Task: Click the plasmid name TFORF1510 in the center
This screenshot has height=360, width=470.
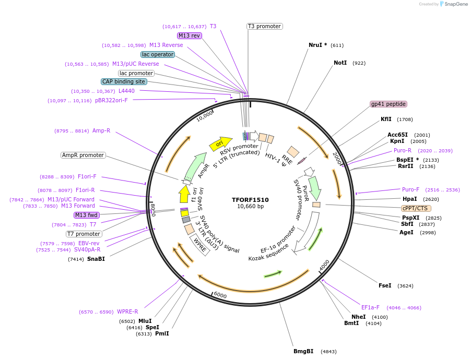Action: [x=251, y=200]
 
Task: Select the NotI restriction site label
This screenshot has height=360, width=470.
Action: [x=340, y=63]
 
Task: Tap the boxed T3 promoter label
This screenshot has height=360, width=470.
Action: [x=264, y=26]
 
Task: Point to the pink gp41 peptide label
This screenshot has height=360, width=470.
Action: [x=388, y=104]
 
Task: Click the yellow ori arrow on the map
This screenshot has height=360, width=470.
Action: [x=220, y=143]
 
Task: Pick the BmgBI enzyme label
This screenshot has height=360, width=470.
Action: [x=303, y=351]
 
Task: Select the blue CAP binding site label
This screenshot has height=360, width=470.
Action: [x=124, y=81]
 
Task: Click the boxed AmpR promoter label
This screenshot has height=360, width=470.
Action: [x=83, y=155]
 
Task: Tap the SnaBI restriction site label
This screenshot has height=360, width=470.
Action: [x=96, y=259]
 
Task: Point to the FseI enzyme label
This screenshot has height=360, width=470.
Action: [x=385, y=285]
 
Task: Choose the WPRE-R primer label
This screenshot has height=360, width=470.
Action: [x=127, y=311]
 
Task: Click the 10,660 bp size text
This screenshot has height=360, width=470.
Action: [x=251, y=207]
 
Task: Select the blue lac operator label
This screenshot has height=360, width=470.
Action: [x=158, y=54]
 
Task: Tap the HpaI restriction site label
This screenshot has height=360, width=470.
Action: [x=409, y=199]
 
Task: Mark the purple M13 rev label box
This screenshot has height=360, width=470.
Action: [x=189, y=35]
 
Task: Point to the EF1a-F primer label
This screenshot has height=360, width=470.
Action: [x=370, y=307]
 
